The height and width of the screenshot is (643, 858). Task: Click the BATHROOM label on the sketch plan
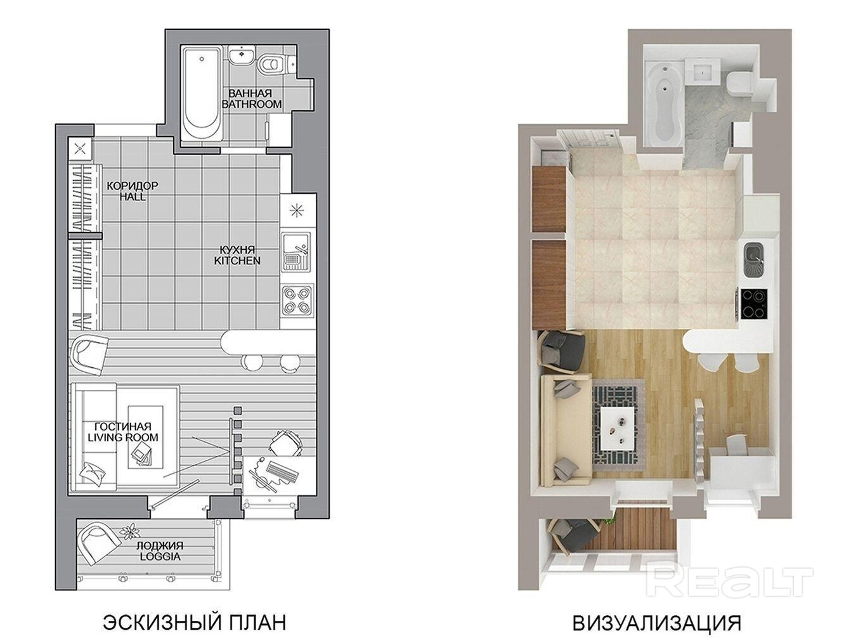(x=251, y=105)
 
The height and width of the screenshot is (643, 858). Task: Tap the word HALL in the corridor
(x=133, y=196)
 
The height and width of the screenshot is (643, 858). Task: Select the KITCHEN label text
(x=237, y=261)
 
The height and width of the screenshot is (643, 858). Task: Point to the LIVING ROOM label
(x=123, y=438)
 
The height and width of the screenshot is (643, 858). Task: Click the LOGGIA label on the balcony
(x=160, y=556)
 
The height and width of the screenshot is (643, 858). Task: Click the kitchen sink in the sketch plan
(x=296, y=252)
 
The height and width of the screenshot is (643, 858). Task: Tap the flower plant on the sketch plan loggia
(x=129, y=532)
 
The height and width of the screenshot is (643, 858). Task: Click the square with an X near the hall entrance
(x=80, y=148)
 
